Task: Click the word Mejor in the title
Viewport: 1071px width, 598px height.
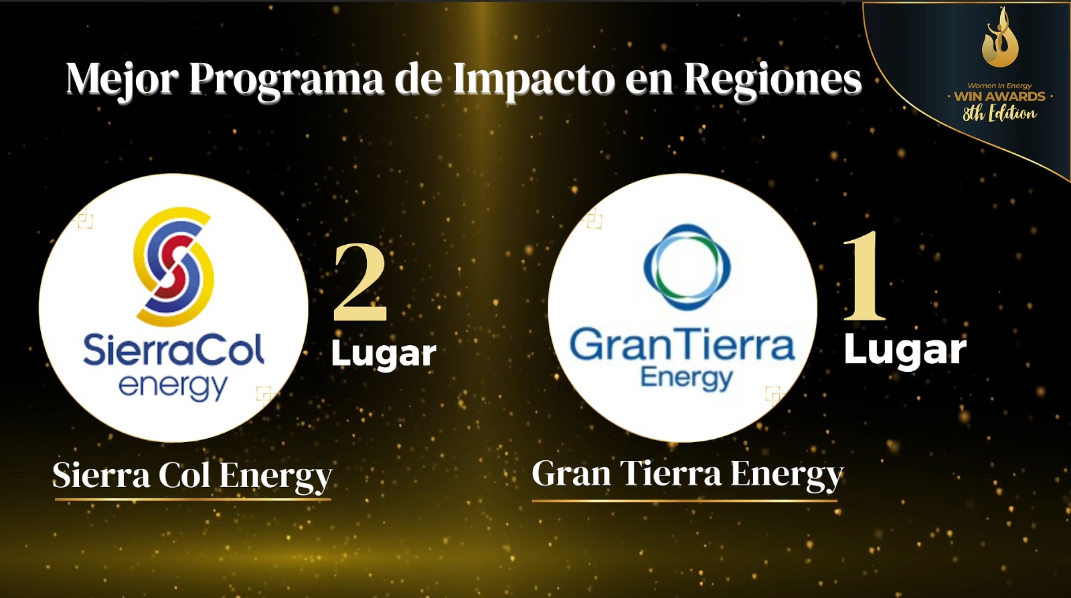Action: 122,80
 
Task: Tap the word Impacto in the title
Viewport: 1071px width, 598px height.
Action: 534,79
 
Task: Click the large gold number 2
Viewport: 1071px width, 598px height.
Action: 359,282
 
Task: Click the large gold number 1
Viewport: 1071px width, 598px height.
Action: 864,276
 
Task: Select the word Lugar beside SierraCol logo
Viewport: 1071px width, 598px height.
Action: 384,355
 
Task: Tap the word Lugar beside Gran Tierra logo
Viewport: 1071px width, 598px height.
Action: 905,351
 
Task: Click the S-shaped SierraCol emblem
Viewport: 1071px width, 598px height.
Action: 173,266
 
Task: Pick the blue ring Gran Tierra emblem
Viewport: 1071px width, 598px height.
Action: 687,266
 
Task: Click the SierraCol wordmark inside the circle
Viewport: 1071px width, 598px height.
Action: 173,350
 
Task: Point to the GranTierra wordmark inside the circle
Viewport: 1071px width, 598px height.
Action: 682,344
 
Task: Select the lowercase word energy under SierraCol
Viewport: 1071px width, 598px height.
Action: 173,387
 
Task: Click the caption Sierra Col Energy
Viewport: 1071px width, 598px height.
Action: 192,476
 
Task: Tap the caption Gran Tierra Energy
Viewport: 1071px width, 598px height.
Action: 687,474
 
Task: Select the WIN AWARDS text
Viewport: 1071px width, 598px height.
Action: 1000,96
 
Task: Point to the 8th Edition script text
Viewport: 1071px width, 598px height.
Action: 1000,114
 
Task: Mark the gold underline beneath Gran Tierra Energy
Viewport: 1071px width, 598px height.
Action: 685,501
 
